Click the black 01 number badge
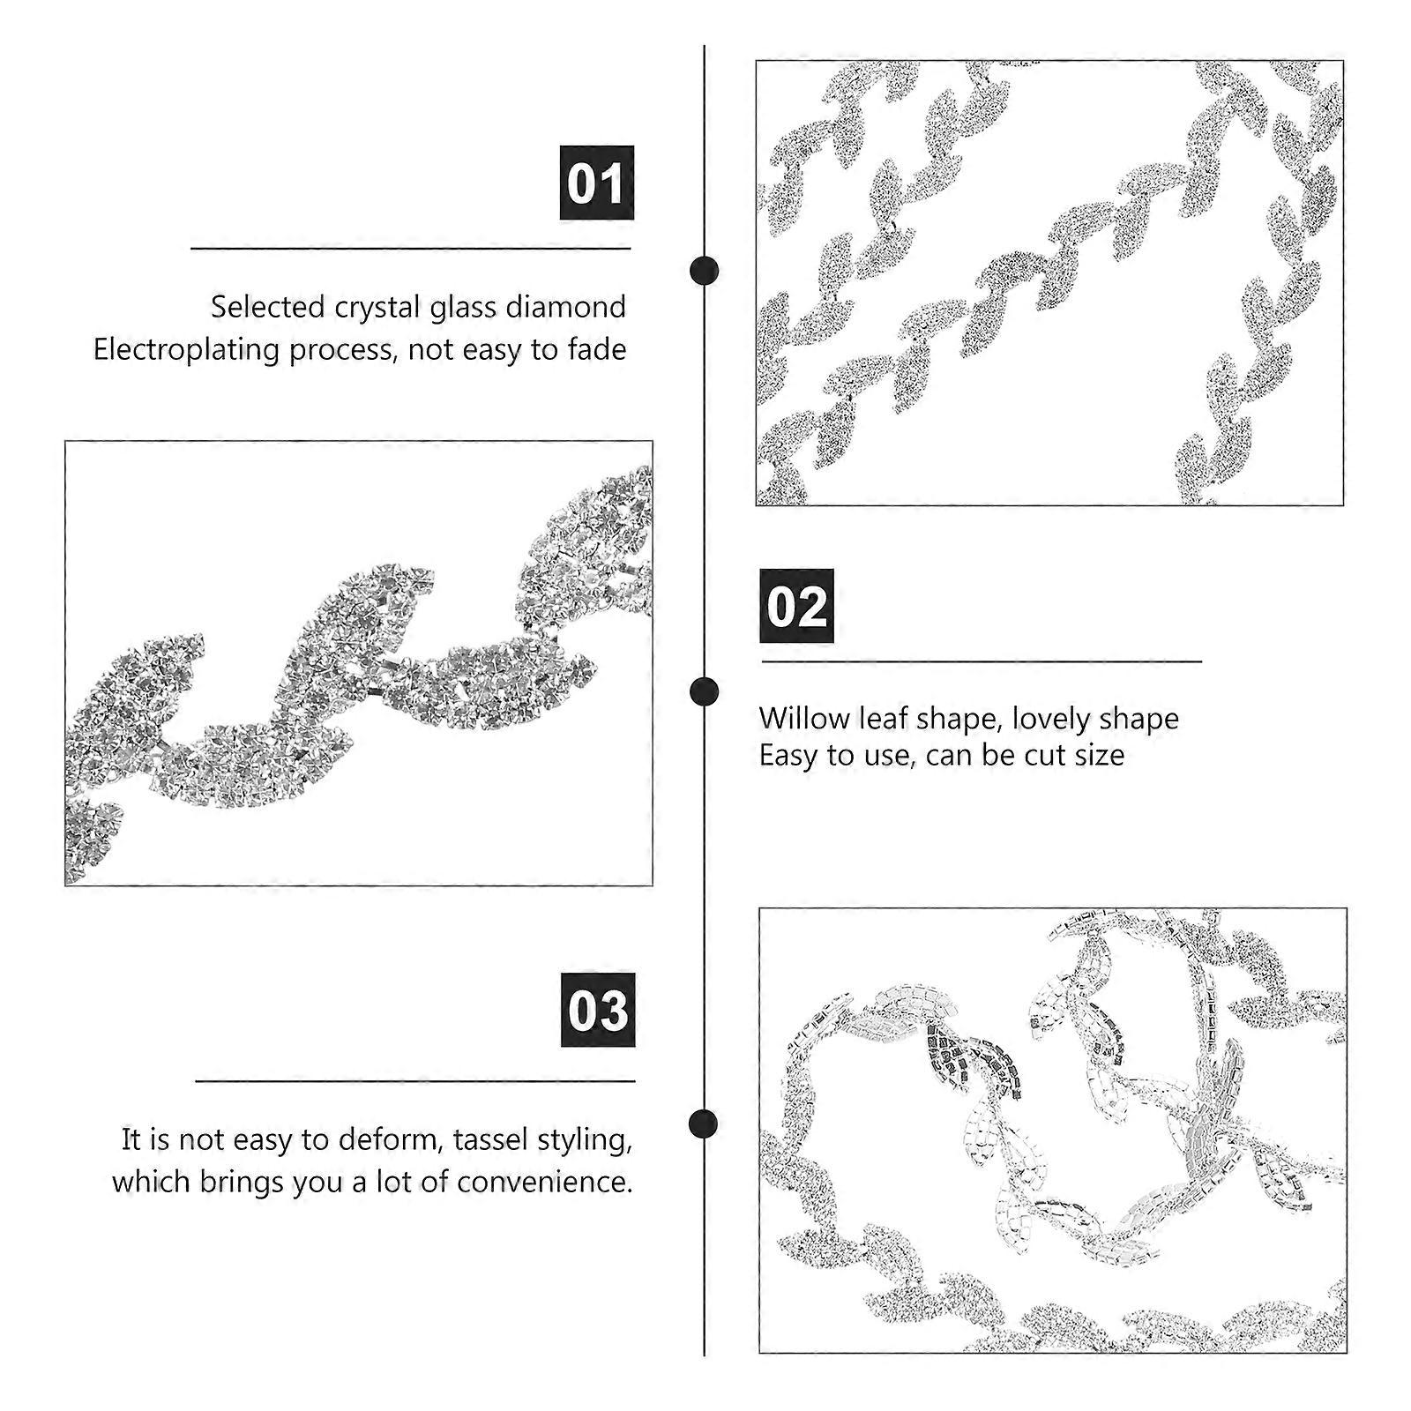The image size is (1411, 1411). click(597, 183)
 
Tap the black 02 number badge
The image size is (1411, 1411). click(796, 606)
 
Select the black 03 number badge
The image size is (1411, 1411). click(598, 1010)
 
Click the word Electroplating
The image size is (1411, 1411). click(186, 350)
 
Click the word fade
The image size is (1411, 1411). click(597, 350)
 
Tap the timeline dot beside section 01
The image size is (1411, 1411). click(704, 271)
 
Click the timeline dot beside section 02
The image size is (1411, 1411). click(704, 691)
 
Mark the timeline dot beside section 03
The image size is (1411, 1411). click(704, 1124)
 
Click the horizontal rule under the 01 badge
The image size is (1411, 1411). click(411, 249)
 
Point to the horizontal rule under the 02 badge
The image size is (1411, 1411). click(982, 661)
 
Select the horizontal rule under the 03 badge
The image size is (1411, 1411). click(414, 1080)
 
